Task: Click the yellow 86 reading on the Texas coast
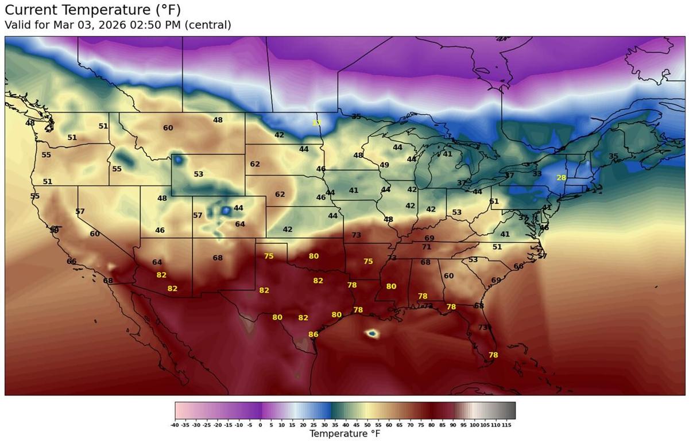[x=313, y=335]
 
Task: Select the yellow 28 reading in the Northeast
[x=561, y=178]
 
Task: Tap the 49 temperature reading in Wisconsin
[x=385, y=165]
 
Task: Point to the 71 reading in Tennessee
[x=426, y=247]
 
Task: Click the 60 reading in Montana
[x=168, y=128]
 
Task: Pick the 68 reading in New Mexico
[x=218, y=258]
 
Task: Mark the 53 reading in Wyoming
[x=199, y=174]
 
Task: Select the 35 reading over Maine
[x=613, y=157]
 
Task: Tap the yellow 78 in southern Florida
[x=493, y=355]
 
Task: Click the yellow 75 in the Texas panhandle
[x=269, y=257]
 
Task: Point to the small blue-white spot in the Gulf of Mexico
[x=372, y=333]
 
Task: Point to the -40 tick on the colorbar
[x=175, y=425]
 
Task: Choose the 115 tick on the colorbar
[x=506, y=425]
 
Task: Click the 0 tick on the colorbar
[x=261, y=425]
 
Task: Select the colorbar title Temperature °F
[x=344, y=434]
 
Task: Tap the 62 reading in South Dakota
[x=255, y=164]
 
